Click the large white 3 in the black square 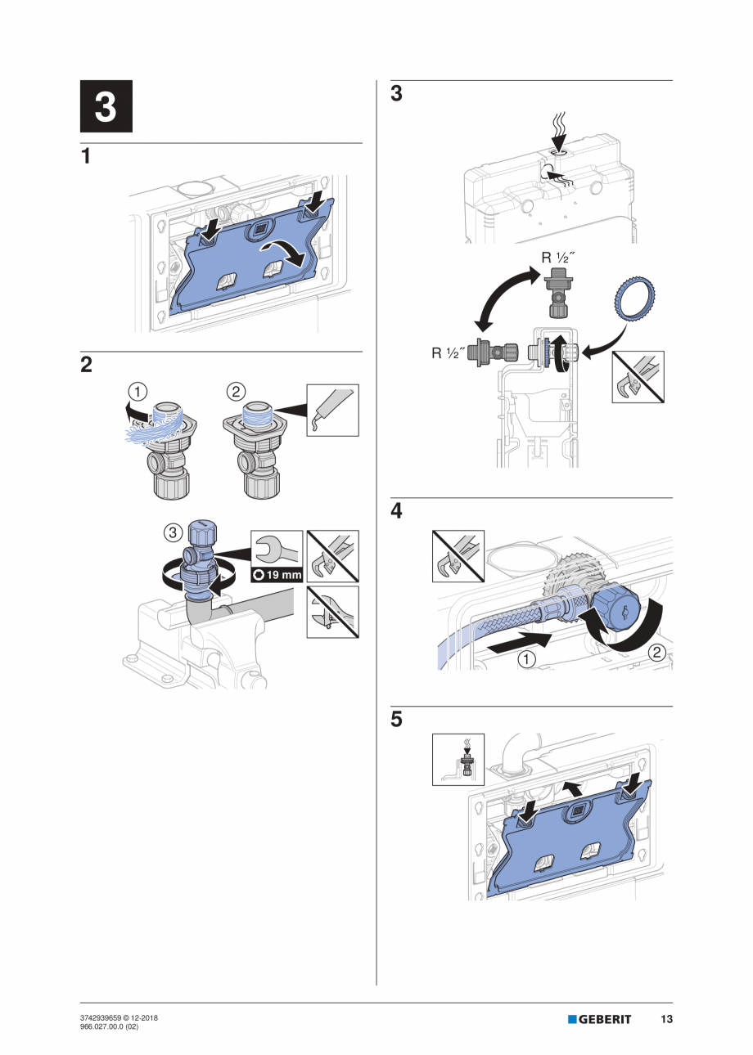(106, 107)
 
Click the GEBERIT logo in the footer (600, 1019)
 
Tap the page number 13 (666, 1019)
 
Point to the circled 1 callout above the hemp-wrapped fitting (141, 391)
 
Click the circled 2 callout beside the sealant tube (236, 391)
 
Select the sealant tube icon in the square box (332, 409)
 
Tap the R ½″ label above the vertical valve (557, 258)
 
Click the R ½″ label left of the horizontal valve (449, 354)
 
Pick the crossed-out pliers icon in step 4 (458, 556)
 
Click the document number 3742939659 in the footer (106, 1017)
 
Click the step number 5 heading (397, 721)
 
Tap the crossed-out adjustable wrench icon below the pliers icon (332, 612)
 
